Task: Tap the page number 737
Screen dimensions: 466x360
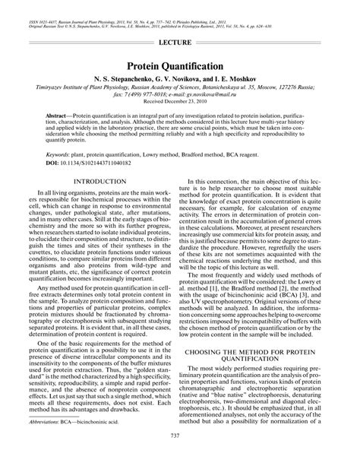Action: (x=180, y=455)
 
